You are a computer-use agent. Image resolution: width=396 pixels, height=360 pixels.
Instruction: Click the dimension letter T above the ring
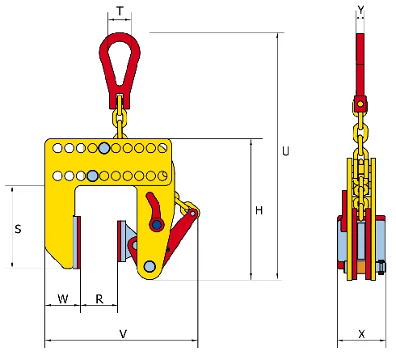[x=120, y=11]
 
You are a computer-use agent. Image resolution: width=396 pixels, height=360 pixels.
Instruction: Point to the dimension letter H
[x=259, y=211]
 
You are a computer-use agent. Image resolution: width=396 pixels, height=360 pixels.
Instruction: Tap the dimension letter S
[x=18, y=229]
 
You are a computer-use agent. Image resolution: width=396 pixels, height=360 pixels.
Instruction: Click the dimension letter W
[x=62, y=299]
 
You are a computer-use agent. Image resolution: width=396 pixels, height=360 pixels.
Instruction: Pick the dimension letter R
[x=99, y=299]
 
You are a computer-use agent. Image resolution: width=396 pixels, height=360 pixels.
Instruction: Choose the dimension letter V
[x=123, y=332]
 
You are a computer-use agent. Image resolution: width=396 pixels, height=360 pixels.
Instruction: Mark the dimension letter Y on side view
[x=360, y=10]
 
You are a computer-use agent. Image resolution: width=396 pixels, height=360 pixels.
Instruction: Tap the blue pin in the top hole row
[x=104, y=148]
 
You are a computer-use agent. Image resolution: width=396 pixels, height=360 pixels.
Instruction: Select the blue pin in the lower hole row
[x=93, y=176]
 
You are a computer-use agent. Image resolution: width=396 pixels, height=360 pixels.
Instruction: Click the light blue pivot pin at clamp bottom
[x=150, y=266]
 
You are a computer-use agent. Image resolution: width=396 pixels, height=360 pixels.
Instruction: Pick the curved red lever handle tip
[x=150, y=199]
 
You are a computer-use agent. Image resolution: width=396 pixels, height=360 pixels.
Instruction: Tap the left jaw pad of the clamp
[x=76, y=242]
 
